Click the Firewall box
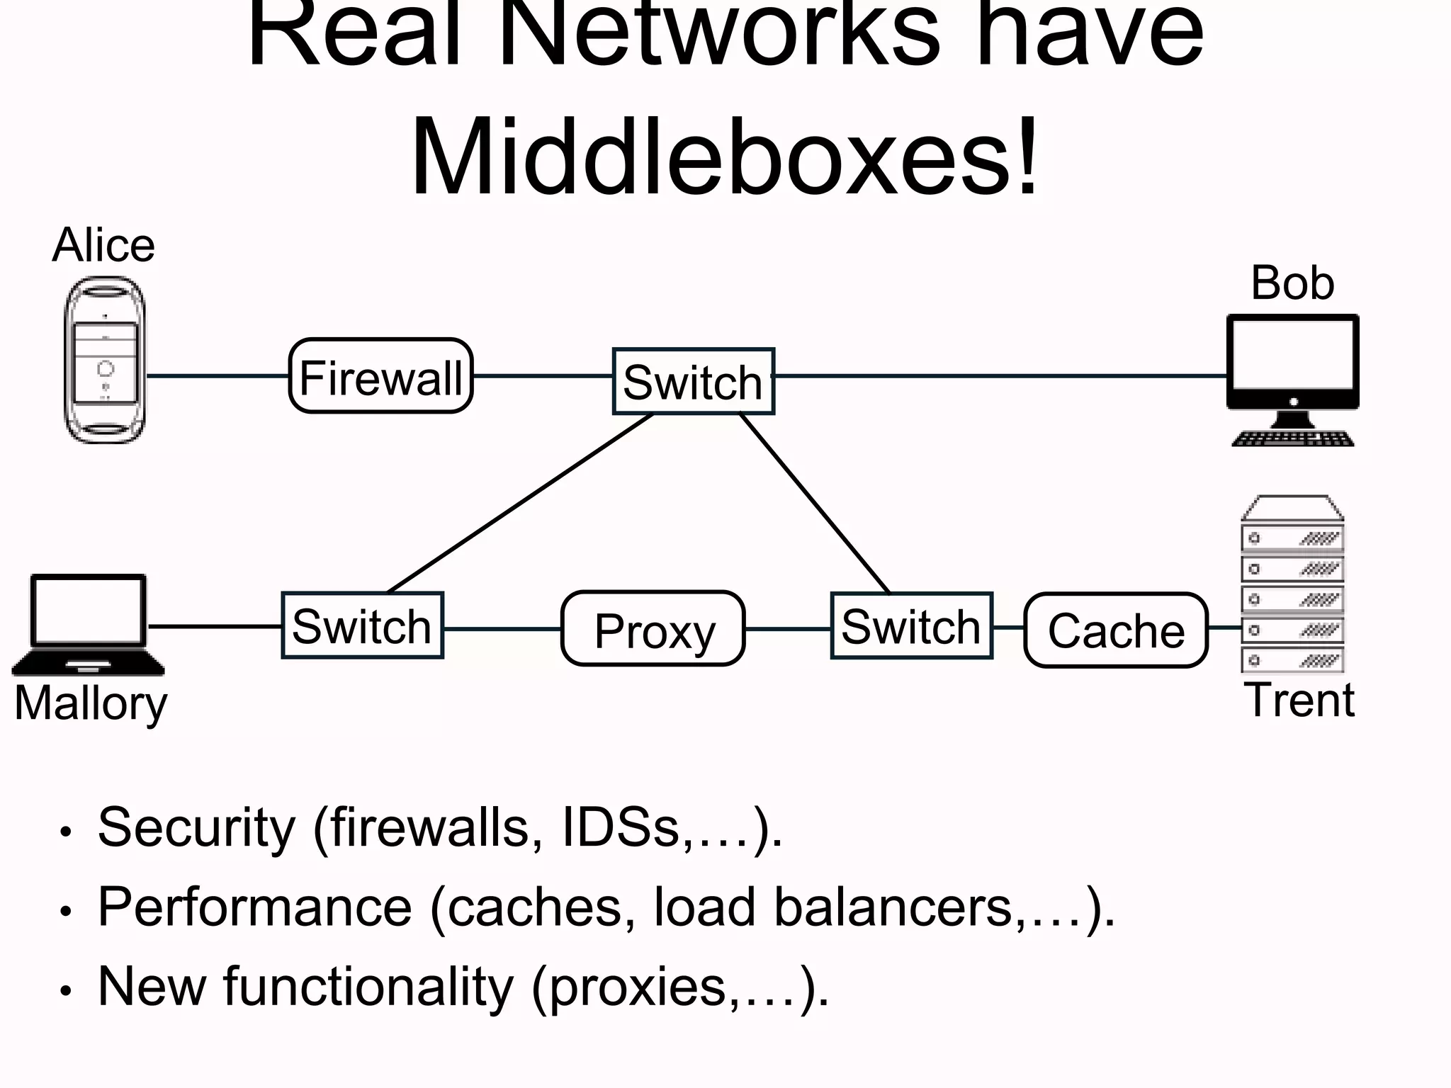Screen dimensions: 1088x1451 (380, 376)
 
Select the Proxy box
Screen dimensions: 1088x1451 (653, 629)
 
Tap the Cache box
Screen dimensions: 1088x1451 (1116, 630)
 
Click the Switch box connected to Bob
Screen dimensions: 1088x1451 (693, 382)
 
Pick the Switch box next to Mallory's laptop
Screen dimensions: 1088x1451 (362, 626)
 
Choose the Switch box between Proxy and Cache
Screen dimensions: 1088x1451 (911, 627)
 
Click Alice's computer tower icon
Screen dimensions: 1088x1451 (105, 361)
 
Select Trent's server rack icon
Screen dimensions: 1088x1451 (1292, 584)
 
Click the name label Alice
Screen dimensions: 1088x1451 (103, 246)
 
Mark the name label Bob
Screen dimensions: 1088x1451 (1292, 283)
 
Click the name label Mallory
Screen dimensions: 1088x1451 (91, 703)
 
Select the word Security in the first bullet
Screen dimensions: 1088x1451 (196, 827)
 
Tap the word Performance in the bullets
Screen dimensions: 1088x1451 (254, 907)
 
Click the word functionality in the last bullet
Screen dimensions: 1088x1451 (368, 986)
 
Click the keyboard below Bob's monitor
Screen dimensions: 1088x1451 (1292, 439)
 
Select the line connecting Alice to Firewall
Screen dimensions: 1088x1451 (217, 375)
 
